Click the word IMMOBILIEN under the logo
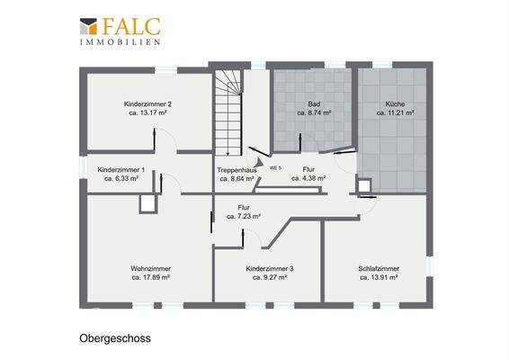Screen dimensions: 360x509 pos(121,41)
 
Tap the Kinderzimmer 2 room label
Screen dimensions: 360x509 pos(147,104)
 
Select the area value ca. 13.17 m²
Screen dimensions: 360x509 pos(147,114)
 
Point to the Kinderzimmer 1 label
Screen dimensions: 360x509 pos(121,169)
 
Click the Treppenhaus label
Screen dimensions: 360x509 pos(237,169)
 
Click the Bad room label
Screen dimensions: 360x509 pos(314,104)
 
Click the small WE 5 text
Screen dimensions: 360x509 pos(276,168)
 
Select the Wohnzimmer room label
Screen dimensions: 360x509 pos(151,268)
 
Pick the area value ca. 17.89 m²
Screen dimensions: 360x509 pos(151,278)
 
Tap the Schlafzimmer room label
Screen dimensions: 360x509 pos(379,268)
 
